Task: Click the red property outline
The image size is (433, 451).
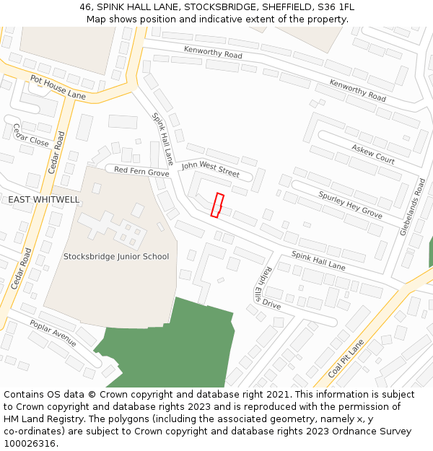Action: click(x=217, y=205)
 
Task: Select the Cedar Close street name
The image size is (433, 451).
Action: click(x=30, y=135)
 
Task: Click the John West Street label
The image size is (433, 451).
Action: click(x=210, y=169)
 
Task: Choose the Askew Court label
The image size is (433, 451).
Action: click(x=373, y=153)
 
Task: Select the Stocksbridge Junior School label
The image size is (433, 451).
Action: click(x=116, y=256)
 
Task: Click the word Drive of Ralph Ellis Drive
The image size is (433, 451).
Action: click(x=272, y=304)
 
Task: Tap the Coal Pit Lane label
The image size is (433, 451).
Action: click(x=347, y=359)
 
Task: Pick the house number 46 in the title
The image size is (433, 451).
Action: click(x=85, y=7)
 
